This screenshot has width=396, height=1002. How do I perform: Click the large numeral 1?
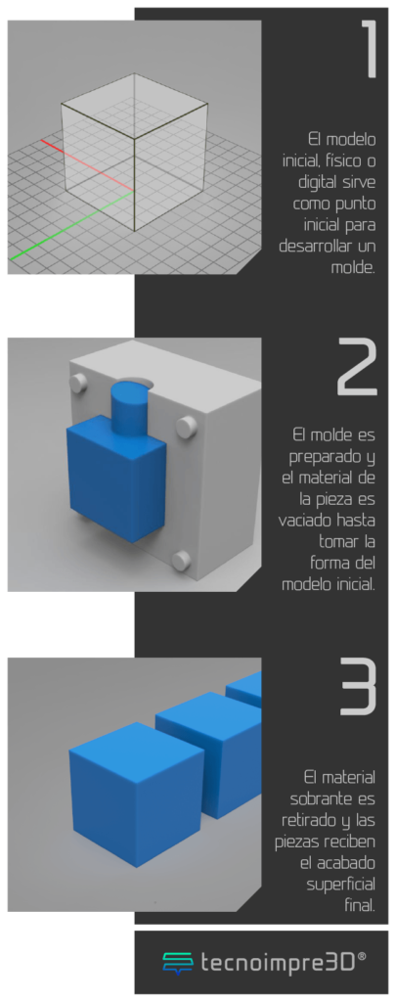[370, 50]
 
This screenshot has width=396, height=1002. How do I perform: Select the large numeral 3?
[357, 686]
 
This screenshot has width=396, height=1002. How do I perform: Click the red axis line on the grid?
[87, 164]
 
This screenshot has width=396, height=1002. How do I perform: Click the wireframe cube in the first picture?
[135, 152]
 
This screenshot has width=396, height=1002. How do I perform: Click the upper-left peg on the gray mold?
[78, 384]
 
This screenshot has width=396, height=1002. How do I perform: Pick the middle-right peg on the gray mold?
[185, 426]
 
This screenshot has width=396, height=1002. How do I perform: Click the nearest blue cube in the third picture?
[136, 794]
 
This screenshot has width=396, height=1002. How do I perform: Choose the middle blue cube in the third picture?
[209, 751]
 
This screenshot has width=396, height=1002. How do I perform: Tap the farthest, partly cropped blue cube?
[244, 689]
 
